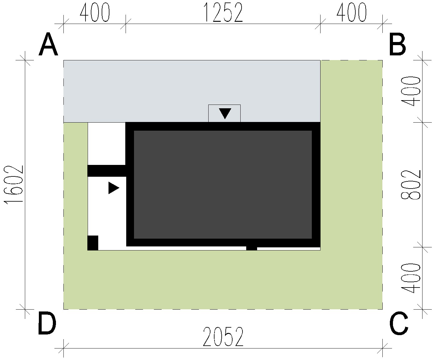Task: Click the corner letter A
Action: pos(48,44)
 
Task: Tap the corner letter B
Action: pos(397,44)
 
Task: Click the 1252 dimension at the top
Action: pos(223,12)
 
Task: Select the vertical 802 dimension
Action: pos(410,185)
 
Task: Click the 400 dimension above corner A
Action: pos(95,12)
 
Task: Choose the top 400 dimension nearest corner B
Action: pos(352,12)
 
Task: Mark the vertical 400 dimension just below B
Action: pos(410,91)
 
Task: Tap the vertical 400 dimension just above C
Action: pos(410,278)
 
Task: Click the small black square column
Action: pos(93,243)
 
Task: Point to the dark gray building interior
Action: pos(223,185)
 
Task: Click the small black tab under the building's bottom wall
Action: pos(252,249)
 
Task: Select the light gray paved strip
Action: pos(192,91)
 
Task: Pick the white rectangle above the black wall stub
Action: pos(107,143)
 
